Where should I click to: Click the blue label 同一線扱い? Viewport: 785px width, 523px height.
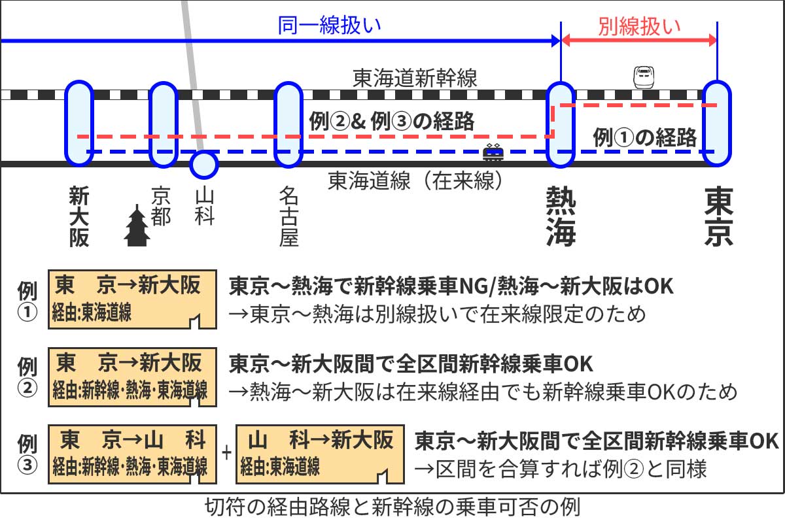(329, 27)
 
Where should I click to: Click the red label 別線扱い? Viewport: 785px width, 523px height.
(639, 27)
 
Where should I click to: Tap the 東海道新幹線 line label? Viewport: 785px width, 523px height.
(415, 78)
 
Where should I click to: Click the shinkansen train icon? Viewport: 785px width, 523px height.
(644, 77)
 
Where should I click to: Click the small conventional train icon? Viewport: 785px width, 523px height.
(493, 154)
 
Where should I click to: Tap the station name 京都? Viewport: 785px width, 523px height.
(161, 207)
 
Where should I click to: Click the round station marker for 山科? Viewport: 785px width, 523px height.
(203, 164)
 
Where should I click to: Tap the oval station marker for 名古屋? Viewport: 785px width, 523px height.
(288, 124)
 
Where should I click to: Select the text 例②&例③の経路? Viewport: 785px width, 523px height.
(391, 122)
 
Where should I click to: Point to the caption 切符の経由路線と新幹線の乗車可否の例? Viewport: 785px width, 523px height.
(392, 508)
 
